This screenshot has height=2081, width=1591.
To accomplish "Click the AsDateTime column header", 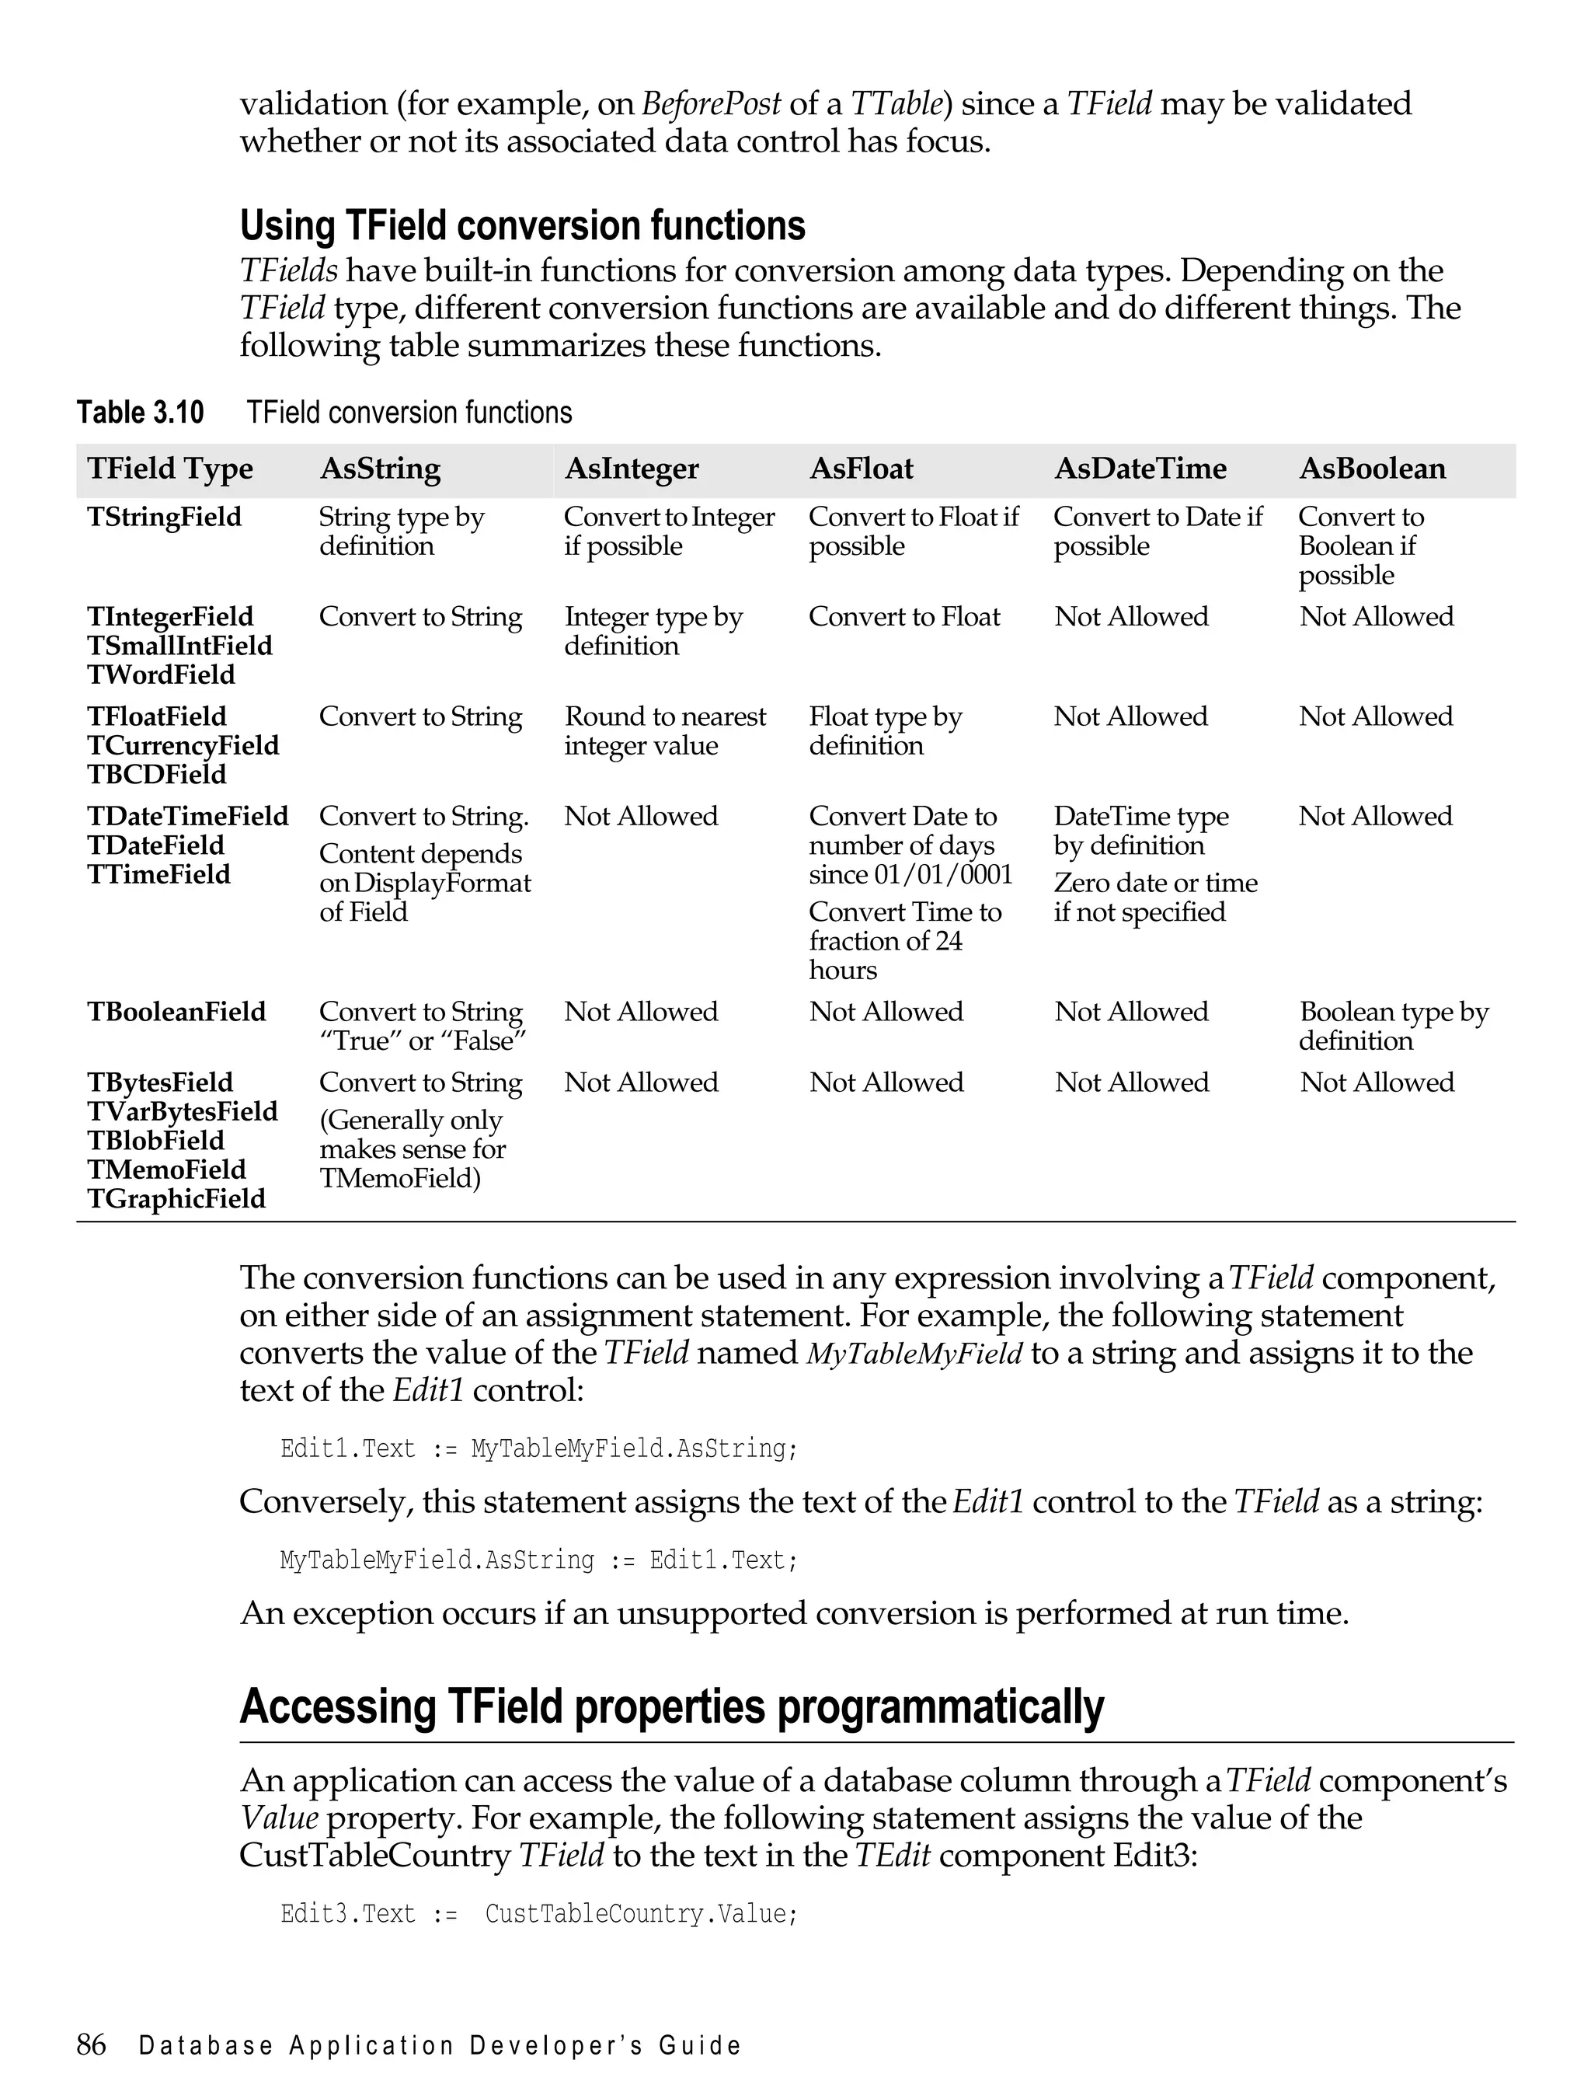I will coord(1140,468).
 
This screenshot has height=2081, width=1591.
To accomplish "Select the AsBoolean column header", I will coord(1372,468).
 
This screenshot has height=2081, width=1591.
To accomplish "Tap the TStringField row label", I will coord(164,518).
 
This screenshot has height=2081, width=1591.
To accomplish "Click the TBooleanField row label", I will coord(176,1012).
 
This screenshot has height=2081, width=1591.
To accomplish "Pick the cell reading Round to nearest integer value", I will coord(665,730).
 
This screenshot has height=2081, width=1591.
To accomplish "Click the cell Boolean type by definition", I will coord(1392,1026).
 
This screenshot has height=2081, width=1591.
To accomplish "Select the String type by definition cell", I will coord(401,532).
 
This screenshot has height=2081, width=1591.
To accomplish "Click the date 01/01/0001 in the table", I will coord(943,874).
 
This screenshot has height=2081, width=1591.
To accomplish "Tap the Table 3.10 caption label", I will coord(140,413).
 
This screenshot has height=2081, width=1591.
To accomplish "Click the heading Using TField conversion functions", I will coord(522,225).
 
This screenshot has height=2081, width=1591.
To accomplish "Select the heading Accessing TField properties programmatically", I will coord(671,1707).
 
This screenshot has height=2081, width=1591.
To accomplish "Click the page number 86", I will coord(91,2045).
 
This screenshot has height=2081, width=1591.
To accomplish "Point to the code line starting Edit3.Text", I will coord(539,1914).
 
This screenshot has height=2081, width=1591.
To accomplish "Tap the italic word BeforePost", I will coord(712,103).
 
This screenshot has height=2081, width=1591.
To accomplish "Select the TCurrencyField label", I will coord(183,745).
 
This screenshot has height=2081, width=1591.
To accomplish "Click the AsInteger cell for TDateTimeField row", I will coord(641,817).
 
